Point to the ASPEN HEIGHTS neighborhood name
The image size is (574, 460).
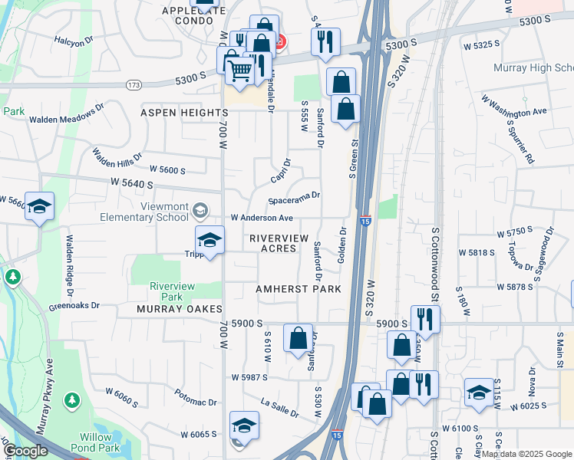click(x=180, y=113)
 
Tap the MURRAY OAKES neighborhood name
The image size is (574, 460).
click(x=179, y=308)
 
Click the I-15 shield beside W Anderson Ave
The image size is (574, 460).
click(x=365, y=220)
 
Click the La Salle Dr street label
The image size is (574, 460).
click(x=279, y=407)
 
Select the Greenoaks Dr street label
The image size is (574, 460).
click(x=74, y=305)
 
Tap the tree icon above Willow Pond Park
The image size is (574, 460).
click(x=71, y=399)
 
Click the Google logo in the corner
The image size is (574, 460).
click(x=25, y=452)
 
